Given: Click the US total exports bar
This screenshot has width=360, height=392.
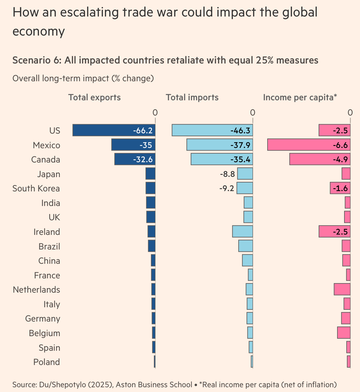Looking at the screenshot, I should pos(114,130).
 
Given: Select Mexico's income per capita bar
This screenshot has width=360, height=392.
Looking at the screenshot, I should pos(309,145).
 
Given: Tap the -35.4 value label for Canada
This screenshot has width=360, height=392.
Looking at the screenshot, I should pos(240,159).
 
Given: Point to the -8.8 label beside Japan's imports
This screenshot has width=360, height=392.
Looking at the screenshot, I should pos(227,174).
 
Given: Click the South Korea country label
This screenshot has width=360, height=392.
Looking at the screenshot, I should pos(36,189).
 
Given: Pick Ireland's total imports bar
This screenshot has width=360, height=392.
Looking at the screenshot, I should pos(242,231).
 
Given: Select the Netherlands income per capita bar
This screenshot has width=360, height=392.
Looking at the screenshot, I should pos(342,289).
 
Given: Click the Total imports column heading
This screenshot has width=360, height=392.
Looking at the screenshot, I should pos(192,97).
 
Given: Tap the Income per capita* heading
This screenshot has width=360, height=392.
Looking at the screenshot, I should pos(300,97).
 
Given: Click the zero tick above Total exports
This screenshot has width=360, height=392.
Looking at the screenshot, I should pos(155,112).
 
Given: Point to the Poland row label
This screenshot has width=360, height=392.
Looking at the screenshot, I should pos(46,362).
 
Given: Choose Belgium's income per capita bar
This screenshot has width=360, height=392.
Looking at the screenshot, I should pos(344,333).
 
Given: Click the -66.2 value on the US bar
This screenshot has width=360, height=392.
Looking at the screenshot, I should pos(143,130).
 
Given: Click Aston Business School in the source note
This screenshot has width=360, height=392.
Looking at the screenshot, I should pos(154,385).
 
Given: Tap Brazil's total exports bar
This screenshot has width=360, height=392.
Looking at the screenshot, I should pos(152,246).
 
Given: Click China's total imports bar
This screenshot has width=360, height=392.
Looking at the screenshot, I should pos(247,260).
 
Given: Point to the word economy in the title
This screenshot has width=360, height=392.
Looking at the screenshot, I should pos(38,31).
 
